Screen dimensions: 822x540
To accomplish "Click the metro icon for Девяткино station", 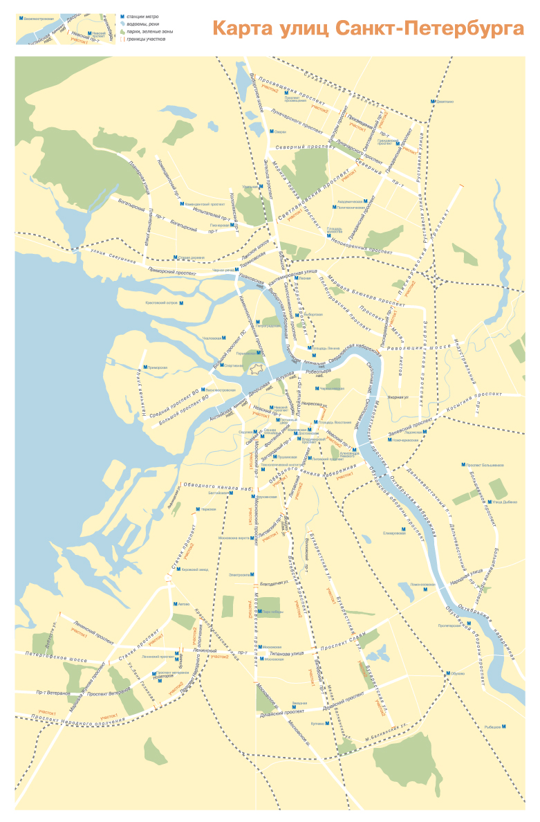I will [x=434, y=102].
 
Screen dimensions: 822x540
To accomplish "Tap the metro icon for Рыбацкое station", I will [x=503, y=727].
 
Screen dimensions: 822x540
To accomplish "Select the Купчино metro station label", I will [x=317, y=724].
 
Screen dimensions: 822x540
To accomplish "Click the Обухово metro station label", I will [x=458, y=673].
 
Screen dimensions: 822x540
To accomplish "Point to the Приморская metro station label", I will [x=156, y=367].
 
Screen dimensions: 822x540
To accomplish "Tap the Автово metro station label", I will [x=183, y=604].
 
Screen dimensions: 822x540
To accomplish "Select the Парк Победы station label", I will [x=272, y=612].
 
